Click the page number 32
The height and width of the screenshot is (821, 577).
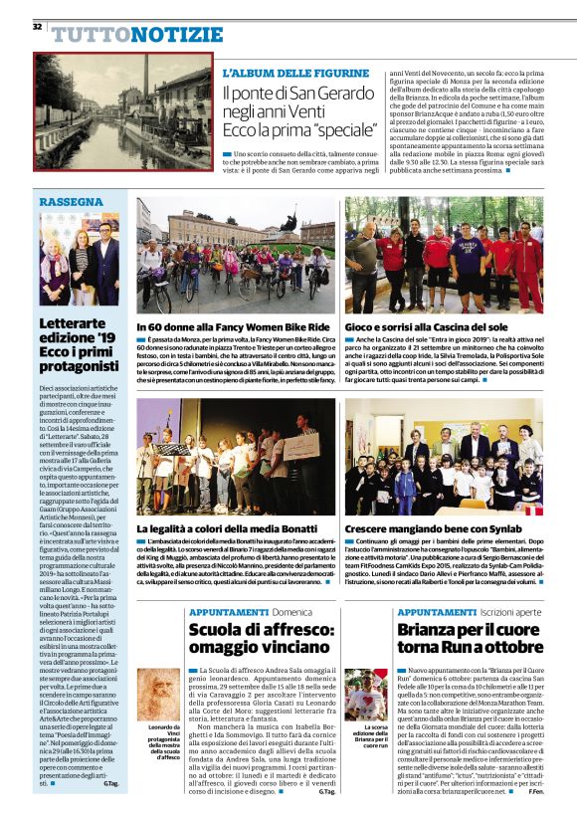click(38, 25)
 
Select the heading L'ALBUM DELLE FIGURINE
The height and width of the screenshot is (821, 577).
click(294, 74)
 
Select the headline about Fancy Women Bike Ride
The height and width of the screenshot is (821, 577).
click(234, 326)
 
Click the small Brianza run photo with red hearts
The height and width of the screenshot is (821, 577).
click(364, 694)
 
